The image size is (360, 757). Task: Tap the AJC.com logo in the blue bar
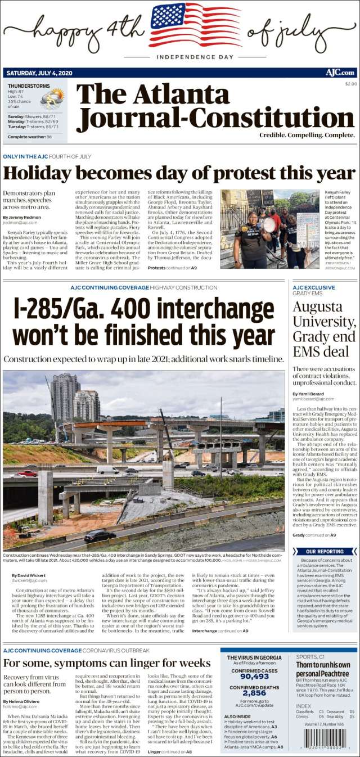340,73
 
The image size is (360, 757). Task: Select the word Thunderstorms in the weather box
29,86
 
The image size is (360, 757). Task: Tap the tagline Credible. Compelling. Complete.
307,135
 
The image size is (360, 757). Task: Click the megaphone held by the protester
269,225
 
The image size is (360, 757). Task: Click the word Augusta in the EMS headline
317,307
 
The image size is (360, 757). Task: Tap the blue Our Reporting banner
325,551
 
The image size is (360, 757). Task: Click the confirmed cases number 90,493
254,677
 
